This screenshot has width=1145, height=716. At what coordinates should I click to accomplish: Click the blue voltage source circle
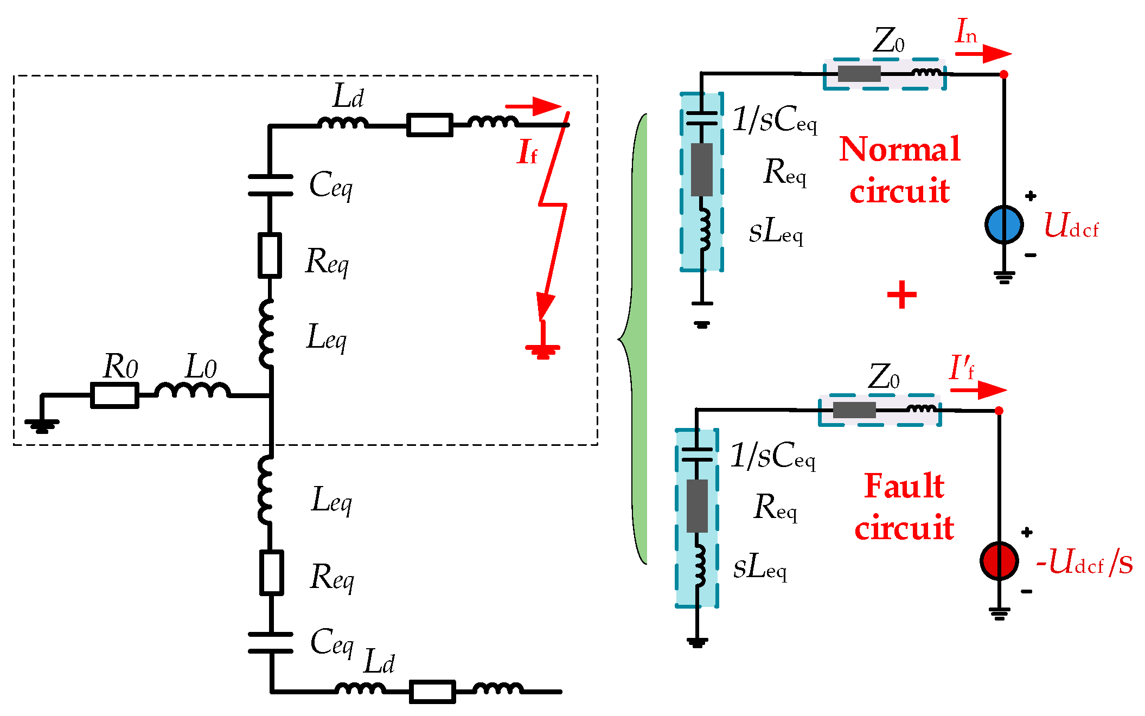(1004, 224)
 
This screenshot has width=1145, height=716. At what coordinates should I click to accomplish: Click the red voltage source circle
(999, 560)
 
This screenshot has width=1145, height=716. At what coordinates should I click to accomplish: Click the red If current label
(527, 151)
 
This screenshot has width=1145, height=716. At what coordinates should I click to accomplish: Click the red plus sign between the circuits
(901, 295)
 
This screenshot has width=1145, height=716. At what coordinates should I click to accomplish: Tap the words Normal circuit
(900, 169)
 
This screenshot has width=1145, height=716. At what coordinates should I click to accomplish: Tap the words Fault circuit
(904, 506)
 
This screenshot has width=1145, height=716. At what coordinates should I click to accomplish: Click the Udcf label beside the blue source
(1072, 225)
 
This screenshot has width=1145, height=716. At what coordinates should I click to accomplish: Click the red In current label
(966, 30)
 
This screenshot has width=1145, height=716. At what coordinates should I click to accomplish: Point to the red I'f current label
(962, 367)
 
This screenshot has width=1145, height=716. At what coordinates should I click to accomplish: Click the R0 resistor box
(114, 395)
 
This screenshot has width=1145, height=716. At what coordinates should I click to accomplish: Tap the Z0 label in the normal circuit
(888, 41)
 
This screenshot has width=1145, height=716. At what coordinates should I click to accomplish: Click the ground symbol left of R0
(42, 425)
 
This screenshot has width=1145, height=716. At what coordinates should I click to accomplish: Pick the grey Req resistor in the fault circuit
(697, 506)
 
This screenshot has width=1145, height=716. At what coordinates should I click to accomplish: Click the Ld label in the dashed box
(348, 96)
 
